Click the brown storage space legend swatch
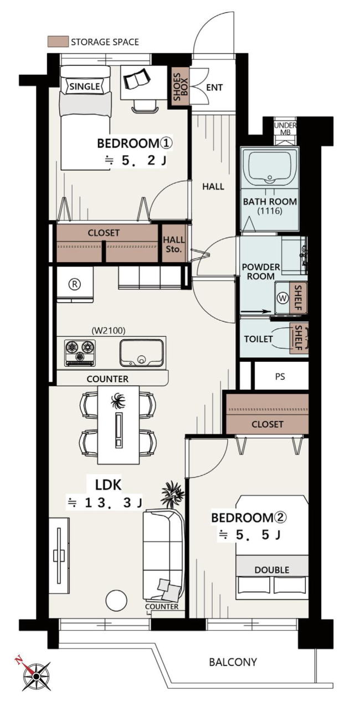pos(58,42)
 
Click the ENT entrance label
pos(214,88)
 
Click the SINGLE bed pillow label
pos(85,86)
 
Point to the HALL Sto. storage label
pos(173,244)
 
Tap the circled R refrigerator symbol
pos(75,284)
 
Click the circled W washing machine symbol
pos(283,298)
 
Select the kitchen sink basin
pos(142,352)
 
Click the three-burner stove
pos(80,352)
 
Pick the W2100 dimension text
pos(109,330)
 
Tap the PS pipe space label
pos(280,376)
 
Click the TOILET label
pos(258,339)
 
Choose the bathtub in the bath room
pos(269,167)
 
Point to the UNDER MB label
pos(285,129)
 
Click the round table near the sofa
pos(116,600)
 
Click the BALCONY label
pos(233,662)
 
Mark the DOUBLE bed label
pos(272,570)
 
